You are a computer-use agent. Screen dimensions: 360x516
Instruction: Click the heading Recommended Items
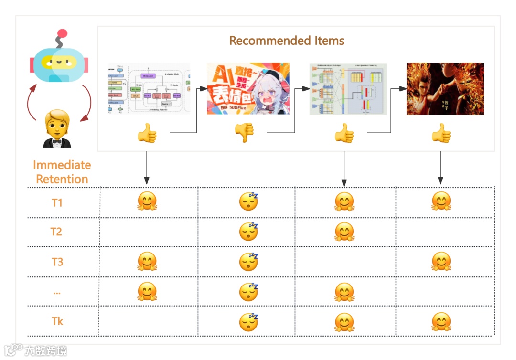(287, 41)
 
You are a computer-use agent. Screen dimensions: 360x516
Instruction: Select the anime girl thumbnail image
(248, 88)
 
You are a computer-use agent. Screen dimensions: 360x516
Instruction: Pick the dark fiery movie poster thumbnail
(445, 89)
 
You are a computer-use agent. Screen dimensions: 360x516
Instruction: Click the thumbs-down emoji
(244, 133)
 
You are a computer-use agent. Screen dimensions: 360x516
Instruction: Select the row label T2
(57, 232)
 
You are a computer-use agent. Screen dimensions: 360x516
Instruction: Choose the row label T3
(57, 262)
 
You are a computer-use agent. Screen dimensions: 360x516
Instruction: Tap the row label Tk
(57, 321)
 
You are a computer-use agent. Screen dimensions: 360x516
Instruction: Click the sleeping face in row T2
(248, 232)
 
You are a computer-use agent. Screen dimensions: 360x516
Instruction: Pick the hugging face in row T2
(344, 232)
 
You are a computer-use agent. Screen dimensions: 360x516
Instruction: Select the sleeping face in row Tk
(248, 322)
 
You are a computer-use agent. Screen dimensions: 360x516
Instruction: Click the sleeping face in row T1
(248, 202)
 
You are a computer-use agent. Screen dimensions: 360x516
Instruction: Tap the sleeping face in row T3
(248, 261)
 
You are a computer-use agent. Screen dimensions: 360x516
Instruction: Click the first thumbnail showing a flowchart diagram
(149, 89)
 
